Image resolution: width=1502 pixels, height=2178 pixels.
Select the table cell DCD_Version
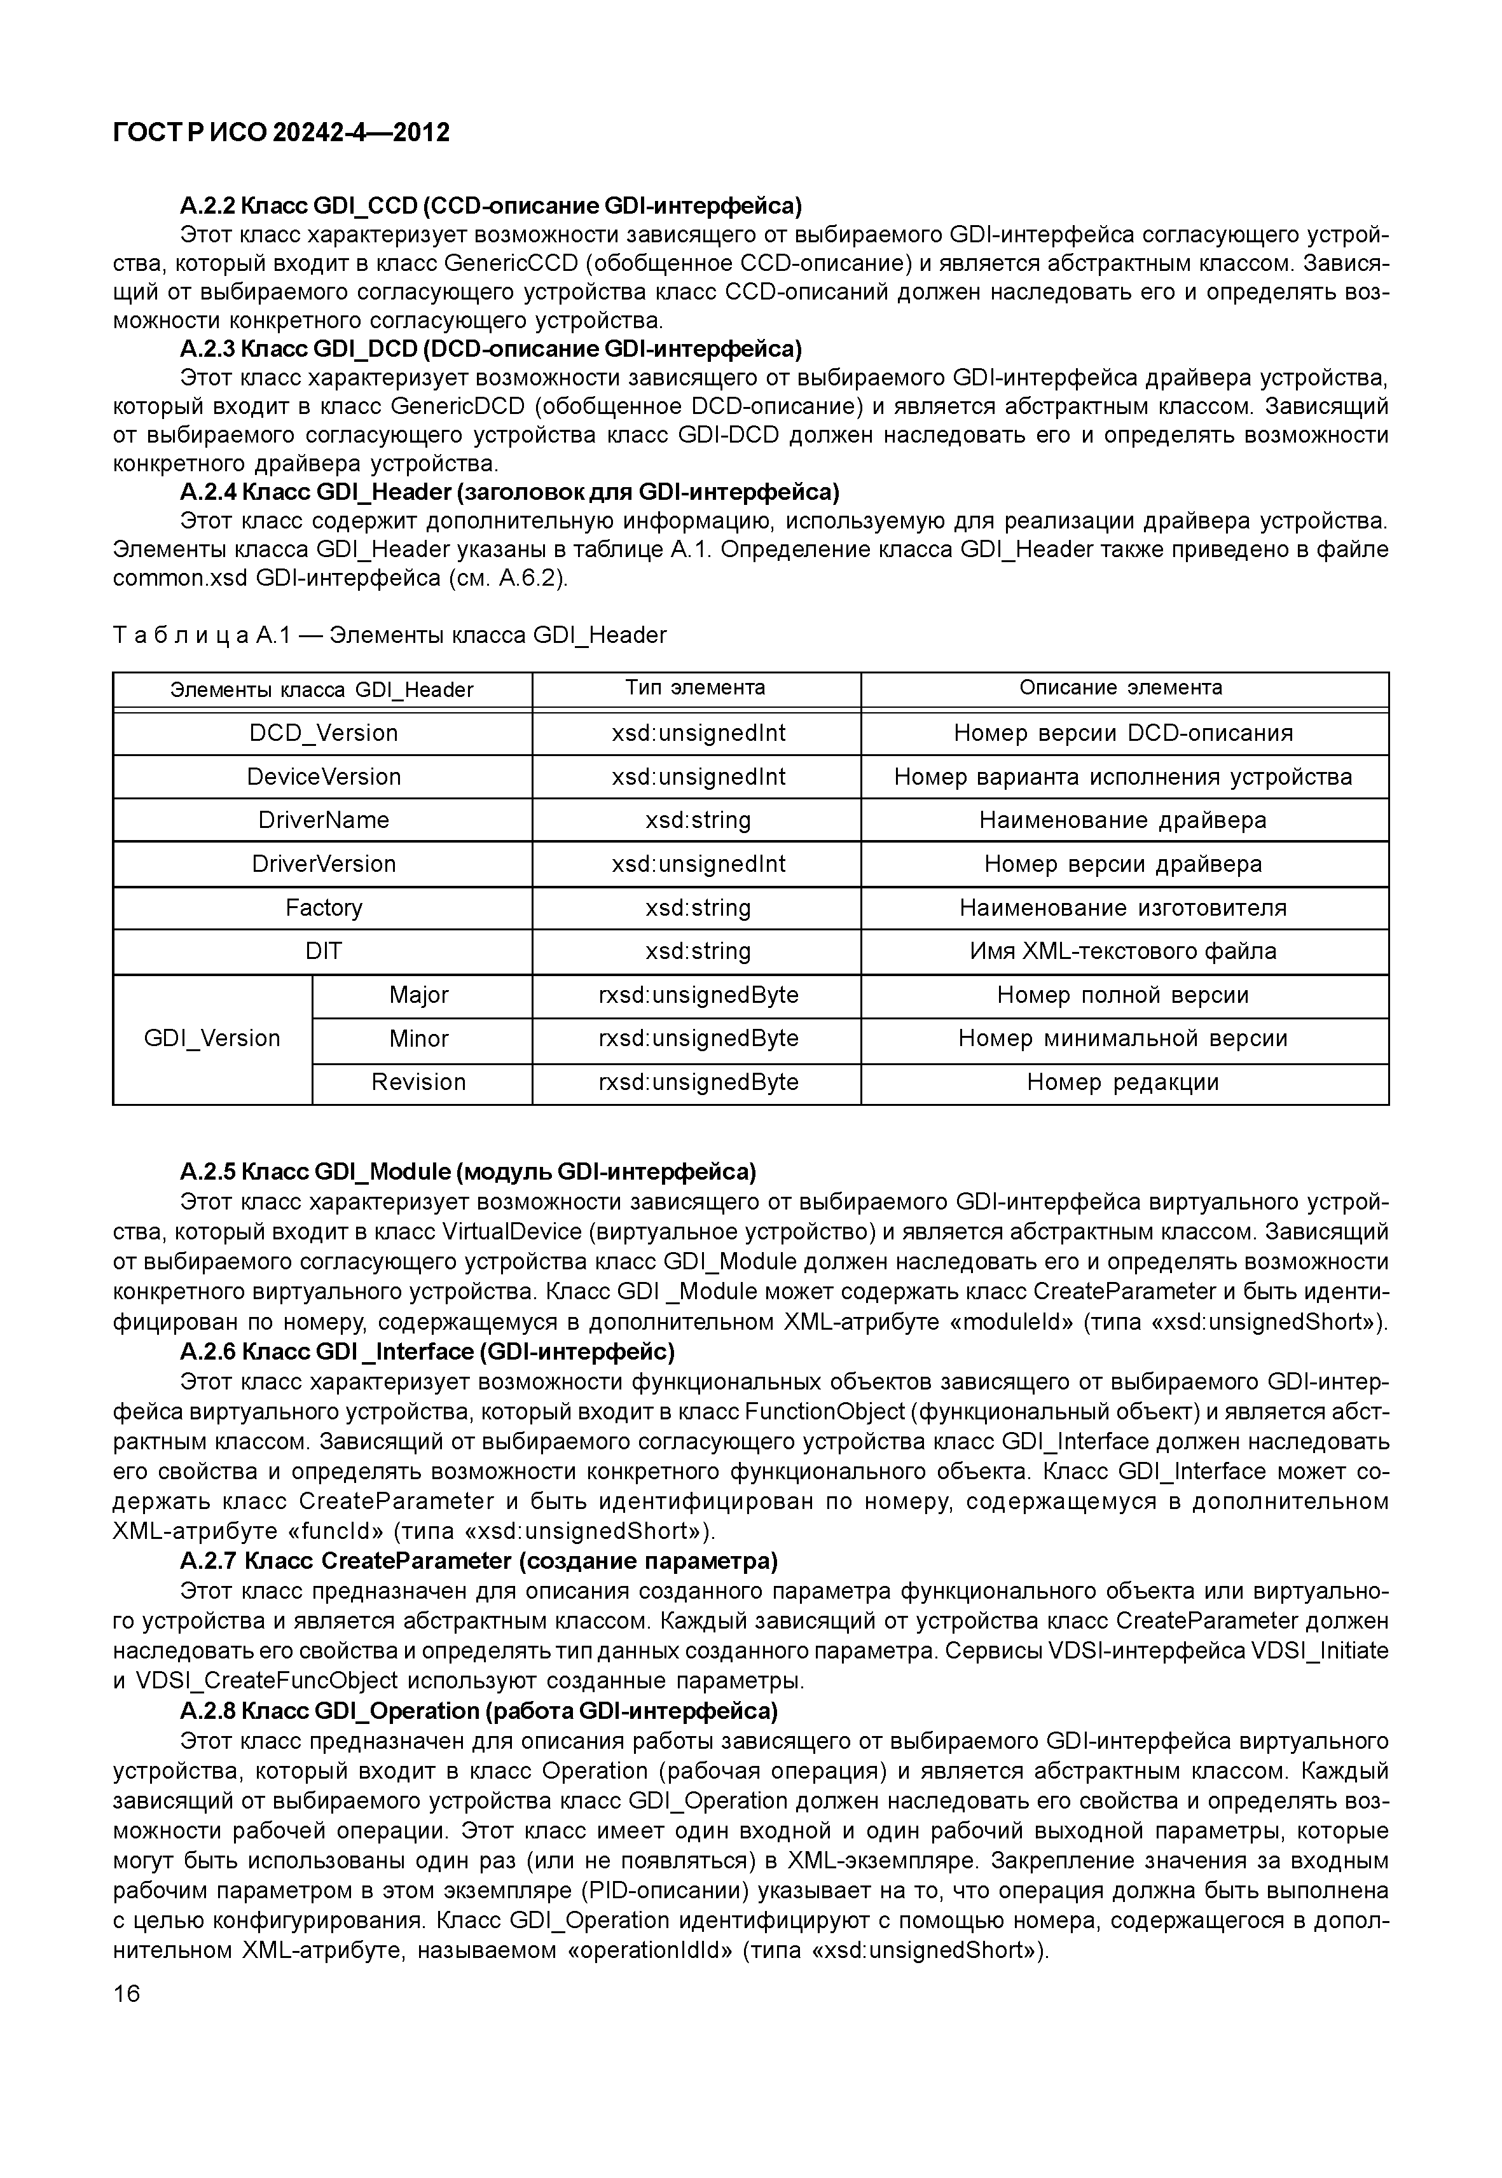[323, 733]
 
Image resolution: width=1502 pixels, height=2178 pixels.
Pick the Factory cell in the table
[323, 907]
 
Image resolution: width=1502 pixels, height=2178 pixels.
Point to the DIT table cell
[323, 951]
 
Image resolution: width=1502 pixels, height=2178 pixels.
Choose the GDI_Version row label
[212, 1038]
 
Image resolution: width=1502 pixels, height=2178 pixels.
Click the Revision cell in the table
[419, 1082]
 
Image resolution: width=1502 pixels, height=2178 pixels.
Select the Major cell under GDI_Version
[419, 995]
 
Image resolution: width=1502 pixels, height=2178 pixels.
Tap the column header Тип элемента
[696, 688]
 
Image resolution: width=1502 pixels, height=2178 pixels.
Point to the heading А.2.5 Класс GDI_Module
[468, 1172]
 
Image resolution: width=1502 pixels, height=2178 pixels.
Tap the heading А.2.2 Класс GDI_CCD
[490, 205]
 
